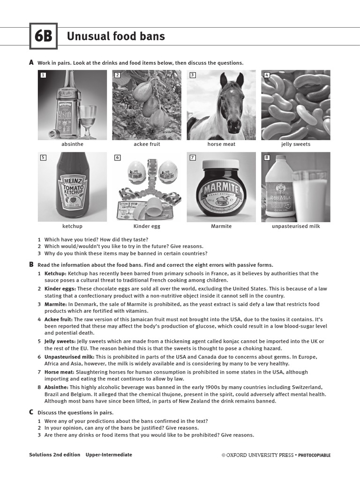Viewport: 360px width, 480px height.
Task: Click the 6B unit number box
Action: tap(43, 37)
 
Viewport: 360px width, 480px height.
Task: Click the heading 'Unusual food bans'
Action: tap(116, 36)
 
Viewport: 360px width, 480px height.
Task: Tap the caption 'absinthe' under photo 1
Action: tap(72, 144)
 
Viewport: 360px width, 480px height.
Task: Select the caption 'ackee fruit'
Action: tap(147, 144)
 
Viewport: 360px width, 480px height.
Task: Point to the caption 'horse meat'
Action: tap(221, 144)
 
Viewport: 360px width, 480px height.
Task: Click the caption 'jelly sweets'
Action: tap(296, 144)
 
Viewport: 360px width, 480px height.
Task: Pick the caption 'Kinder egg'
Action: tap(147, 226)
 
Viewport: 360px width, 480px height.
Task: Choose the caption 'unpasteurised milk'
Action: tap(296, 226)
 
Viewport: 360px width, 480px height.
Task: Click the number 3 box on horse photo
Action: tap(192, 75)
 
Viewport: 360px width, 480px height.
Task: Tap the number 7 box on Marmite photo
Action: tap(192, 157)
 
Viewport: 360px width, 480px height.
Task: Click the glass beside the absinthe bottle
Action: tap(88, 120)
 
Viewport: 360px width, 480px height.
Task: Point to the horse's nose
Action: tap(233, 126)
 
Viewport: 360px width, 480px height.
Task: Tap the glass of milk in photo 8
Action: tap(309, 195)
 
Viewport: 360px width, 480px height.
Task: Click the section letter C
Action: tap(31, 412)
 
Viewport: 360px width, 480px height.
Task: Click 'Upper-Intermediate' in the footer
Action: tap(109, 455)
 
